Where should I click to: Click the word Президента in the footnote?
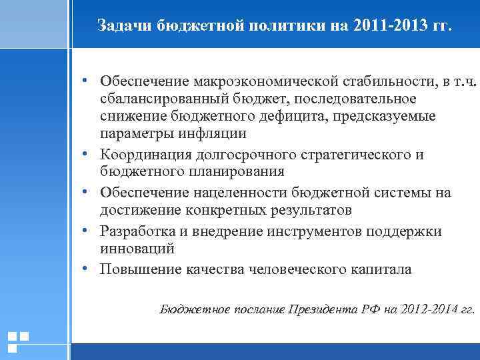click(x=322, y=309)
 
